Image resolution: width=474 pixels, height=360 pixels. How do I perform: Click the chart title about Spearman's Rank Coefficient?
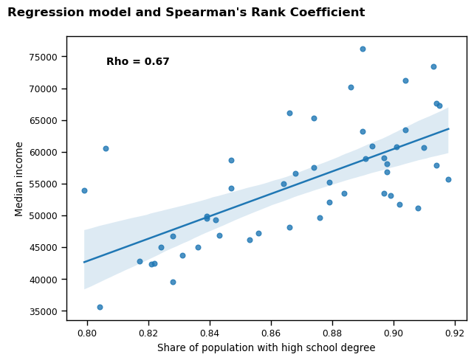pyautogui.click(x=186, y=13)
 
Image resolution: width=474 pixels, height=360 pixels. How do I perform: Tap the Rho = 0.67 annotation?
pyautogui.click(x=138, y=62)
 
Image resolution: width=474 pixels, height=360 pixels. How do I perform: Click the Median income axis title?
pyautogui.click(x=19, y=179)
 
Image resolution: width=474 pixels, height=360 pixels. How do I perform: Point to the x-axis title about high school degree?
pyautogui.click(x=266, y=348)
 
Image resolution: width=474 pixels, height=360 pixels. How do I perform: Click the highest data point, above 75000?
pyautogui.click(x=363, y=49)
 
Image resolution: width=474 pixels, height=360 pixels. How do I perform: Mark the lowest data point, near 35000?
pyautogui.click(x=100, y=307)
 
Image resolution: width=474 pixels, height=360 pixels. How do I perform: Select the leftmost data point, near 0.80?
pyautogui.click(x=84, y=190)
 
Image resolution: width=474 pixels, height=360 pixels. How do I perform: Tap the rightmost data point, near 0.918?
pyautogui.click(x=448, y=179)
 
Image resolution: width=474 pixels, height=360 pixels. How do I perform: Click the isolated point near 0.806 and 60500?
pyautogui.click(x=106, y=148)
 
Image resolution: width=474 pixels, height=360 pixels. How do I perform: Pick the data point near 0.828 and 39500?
pyautogui.click(x=173, y=282)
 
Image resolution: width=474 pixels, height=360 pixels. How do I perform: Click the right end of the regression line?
pyautogui.click(x=448, y=128)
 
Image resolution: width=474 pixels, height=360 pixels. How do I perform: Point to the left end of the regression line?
pyautogui.click(x=84, y=262)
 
